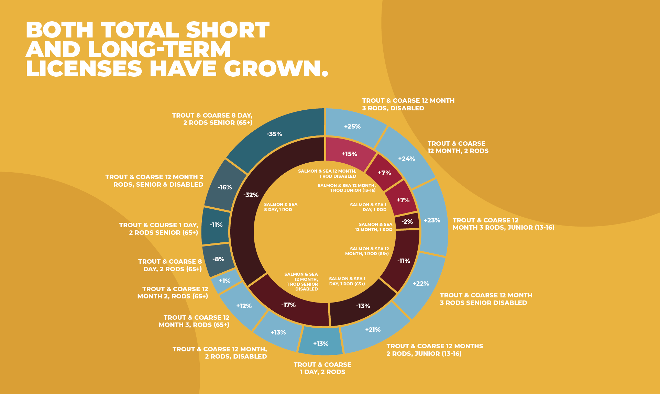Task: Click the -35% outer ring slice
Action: (274, 134)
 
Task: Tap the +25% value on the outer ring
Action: (352, 127)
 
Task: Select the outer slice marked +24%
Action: (406, 159)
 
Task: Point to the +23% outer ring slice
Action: (432, 220)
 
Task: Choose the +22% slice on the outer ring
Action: (421, 284)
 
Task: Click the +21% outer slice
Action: (373, 330)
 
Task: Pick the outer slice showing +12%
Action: (244, 306)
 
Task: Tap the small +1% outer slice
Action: (225, 281)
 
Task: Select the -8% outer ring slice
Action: (218, 259)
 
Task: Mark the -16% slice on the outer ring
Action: (225, 187)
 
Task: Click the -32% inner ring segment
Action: (251, 195)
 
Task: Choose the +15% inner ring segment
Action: (349, 154)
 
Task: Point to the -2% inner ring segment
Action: (407, 222)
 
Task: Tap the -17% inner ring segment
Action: (288, 305)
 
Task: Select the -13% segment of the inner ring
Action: (363, 306)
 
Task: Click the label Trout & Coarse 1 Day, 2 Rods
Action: (322, 368)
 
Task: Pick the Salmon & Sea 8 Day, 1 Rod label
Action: (280, 207)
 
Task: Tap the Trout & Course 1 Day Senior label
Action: (158, 229)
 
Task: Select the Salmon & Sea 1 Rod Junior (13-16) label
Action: (346, 188)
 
